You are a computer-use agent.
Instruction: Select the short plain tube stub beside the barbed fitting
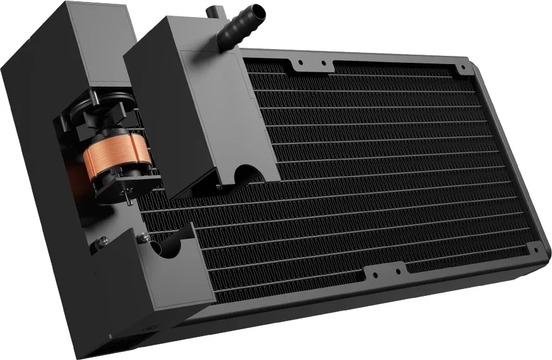(212, 12)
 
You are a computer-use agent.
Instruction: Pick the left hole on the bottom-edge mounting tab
(375, 275)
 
